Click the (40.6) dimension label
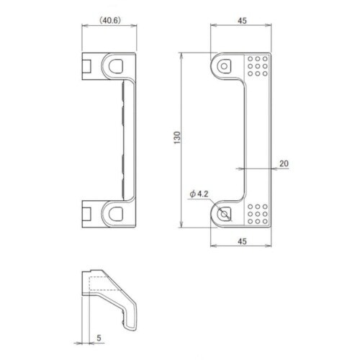(110, 21)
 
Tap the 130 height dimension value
(177, 138)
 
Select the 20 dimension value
(284, 163)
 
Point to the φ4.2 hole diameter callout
(199, 194)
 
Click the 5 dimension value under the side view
(99, 338)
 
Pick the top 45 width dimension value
(242, 21)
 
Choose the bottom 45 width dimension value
(242, 241)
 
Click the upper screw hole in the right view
(224, 66)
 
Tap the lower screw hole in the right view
(224, 214)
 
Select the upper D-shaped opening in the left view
(116, 66)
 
